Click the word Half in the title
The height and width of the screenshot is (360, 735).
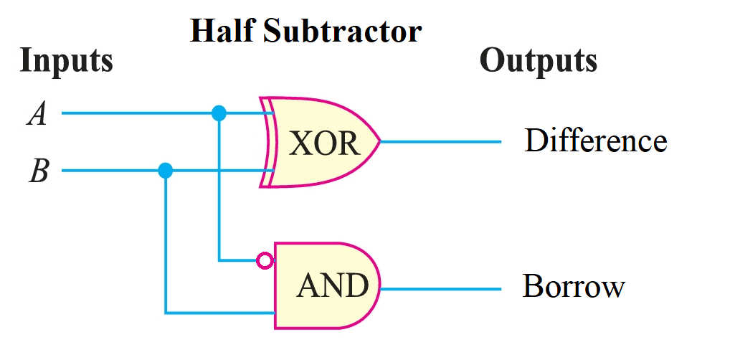pyautogui.click(x=218, y=31)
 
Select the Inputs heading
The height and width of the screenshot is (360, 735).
pyautogui.click(x=66, y=60)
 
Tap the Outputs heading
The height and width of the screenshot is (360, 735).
pyautogui.click(x=538, y=60)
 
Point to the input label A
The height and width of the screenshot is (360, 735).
pyautogui.click(x=37, y=113)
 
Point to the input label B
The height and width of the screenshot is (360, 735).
pyautogui.click(x=39, y=172)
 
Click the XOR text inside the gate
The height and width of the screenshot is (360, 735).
pyautogui.click(x=324, y=143)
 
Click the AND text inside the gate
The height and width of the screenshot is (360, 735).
pyautogui.click(x=333, y=286)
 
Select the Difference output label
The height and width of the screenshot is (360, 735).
pyautogui.click(x=595, y=141)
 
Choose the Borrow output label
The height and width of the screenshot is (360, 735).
pyautogui.click(x=574, y=286)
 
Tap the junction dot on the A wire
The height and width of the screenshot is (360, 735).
pyautogui.click(x=219, y=113)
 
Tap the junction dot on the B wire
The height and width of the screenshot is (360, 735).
pyautogui.click(x=166, y=171)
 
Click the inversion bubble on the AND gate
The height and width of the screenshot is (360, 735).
pyautogui.click(x=265, y=260)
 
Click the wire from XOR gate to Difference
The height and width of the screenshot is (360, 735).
pyautogui.click(x=440, y=142)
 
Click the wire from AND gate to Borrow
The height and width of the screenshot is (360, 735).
pyautogui.click(x=440, y=289)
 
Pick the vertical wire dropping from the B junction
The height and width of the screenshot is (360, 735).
pyautogui.click(x=166, y=244)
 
